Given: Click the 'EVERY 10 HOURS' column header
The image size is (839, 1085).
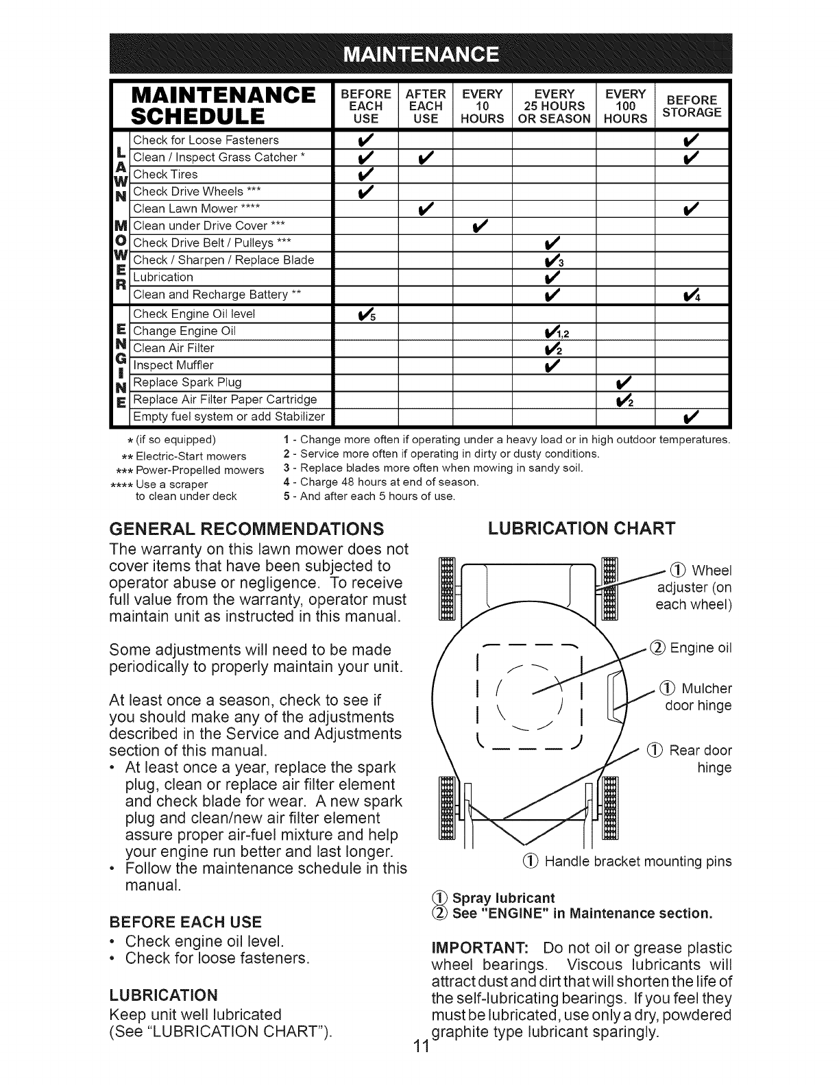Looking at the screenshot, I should (x=483, y=106).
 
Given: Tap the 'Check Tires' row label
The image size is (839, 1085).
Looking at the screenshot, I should (x=165, y=175).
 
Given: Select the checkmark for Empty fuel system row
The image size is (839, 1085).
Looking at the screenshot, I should (x=692, y=416).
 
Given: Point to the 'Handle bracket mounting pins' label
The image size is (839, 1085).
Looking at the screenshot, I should (x=638, y=861).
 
